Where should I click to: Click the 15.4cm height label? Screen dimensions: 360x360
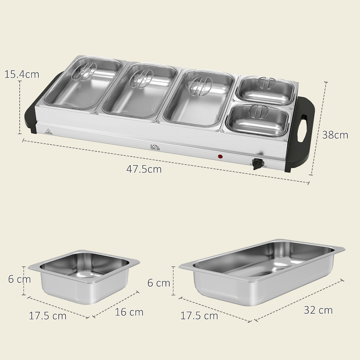21,74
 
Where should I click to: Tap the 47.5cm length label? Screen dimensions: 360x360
144,169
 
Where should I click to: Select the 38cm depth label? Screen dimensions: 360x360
335,135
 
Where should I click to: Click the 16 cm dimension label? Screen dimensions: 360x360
129,312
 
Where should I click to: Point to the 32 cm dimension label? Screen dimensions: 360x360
318,310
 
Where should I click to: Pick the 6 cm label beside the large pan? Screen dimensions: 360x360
159,283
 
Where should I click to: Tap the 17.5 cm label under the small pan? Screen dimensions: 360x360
48,316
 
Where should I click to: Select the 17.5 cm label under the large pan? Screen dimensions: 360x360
199,316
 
